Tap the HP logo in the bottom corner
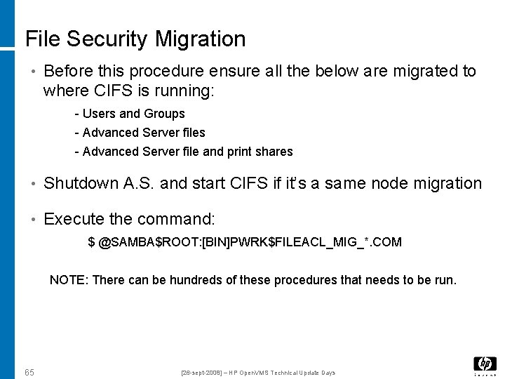485,364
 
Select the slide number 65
29,372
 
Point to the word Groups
164,114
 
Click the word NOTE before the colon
67,280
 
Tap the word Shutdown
81,184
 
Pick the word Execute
71,219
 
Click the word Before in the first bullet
65,72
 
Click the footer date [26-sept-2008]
201,373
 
